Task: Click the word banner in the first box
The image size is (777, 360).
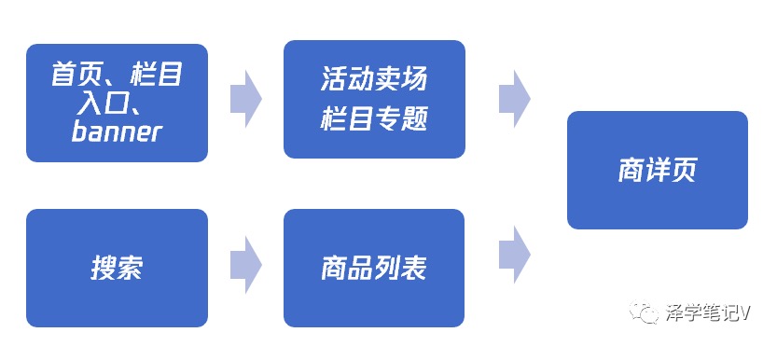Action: point(117,132)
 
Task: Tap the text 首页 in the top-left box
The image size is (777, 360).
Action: point(75,76)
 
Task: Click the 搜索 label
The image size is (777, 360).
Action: point(117,269)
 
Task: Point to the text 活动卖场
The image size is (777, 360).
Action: point(374,80)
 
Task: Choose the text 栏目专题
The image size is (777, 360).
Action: point(374,119)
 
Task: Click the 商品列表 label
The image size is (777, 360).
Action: point(374,269)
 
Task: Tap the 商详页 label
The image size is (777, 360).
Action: point(657,171)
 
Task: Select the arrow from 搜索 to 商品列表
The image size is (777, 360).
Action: point(246,265)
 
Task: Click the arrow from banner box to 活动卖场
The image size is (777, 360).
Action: point(246,99)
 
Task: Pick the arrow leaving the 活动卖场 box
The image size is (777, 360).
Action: point(514,99)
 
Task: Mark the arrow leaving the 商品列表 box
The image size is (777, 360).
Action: point(514,255)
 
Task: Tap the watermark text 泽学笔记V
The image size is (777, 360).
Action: point(708,313)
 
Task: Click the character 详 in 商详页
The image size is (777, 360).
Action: point(658,171)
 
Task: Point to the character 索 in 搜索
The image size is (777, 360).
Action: point(131,269)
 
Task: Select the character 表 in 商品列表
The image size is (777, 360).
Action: point(414,269)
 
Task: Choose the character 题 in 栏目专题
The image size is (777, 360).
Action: point(414,119)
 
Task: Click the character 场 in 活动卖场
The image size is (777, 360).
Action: point(414,80)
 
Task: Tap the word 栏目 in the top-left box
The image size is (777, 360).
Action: point(157,76)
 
